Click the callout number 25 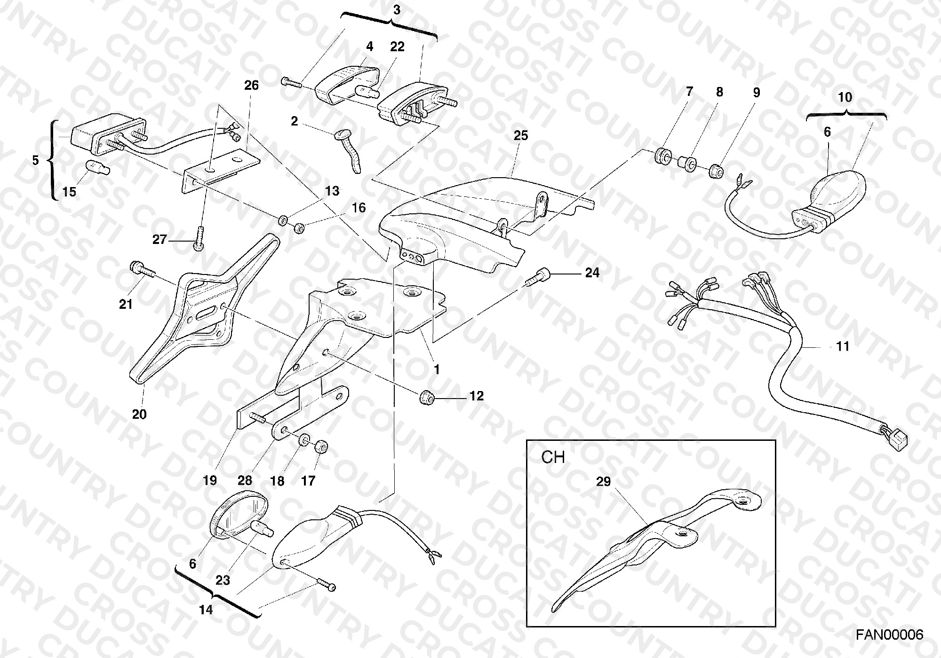coord(521,136)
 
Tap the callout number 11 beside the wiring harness coord(843,346)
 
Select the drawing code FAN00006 coord(889,635)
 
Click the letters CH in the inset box coord(553,457)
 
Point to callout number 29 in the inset coord(604,482)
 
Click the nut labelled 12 coord(427,397)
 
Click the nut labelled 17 coord(320,446)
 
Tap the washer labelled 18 coord(304,439)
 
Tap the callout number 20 coord(139,414)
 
